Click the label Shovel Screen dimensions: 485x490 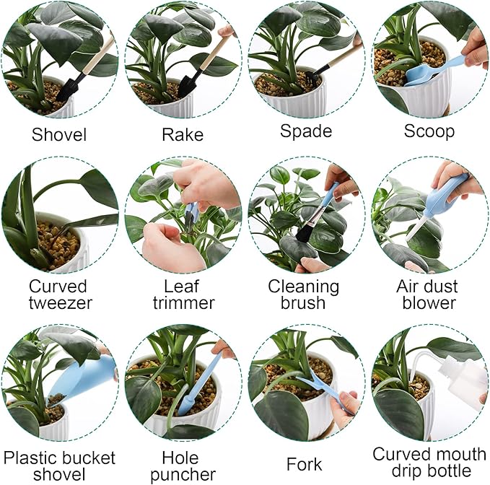[x=59, y=134]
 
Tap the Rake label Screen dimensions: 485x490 [x=183, y=134]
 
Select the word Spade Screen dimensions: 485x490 [x=306, y=131]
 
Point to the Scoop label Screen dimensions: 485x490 [x=429, y=131]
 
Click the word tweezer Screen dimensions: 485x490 [x=61, y=302]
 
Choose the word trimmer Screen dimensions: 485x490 [x=183, y=302]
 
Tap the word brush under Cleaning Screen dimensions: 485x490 [x=304, y=302]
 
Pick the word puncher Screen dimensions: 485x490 [x=180, y=474]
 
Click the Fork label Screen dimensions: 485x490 [x=304, y=463]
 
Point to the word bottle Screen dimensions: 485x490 [x=429, y=473]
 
